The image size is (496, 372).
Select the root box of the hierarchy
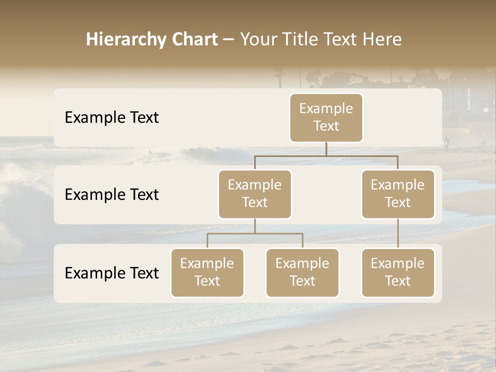pyautogui.click(x=326, y=117)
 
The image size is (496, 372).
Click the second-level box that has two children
pyautogui.click(x=255, y=194)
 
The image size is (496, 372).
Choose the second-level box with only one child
pyautogui.click(x=398, y=194)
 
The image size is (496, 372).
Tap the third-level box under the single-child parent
pyautogui.click(x=398, y=272)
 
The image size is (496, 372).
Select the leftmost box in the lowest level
pyautogui.click(x=207, y=272)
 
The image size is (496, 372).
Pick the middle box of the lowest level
pyautogui.click(x=302, y=272)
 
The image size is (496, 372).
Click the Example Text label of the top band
pyautogui.click(x=112, y=117)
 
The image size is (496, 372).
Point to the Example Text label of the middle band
pyautogui.click(x=112, y=194)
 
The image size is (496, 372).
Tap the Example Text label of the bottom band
pyautogui.click(x=112, y=273)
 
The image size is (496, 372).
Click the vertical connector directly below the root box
pyautogui.click(x=326, y=149)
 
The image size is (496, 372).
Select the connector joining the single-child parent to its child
pyautogui.click(x=398, y=234)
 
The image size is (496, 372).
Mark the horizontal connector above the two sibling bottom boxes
pyautogui.click(x=255, y=234)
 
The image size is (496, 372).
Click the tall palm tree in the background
pyautogui.click(x=280, y=78)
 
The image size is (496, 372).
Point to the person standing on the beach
pyautogui.click(x=446, y=143)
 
